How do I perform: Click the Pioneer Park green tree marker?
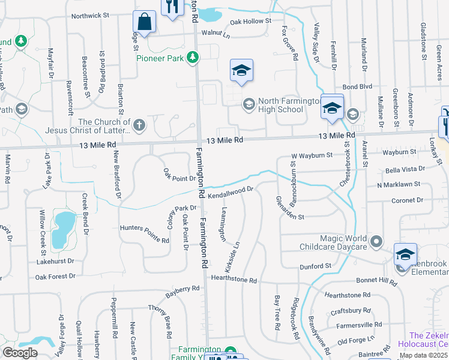(x=193, y=58)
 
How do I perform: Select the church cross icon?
(x=139, y=125)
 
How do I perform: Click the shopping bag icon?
(x=145, y=22)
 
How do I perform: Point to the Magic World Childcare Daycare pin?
(x=376, y=242)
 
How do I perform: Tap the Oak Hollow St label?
(x=252, y=23)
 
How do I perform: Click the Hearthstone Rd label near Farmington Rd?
(x=234, y=280)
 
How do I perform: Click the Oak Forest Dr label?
(x=55, y=277)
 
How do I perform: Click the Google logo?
(x=20, y=352)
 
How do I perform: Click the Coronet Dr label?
(x=407, y=200)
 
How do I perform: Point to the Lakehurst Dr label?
(x=55, y=261)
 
